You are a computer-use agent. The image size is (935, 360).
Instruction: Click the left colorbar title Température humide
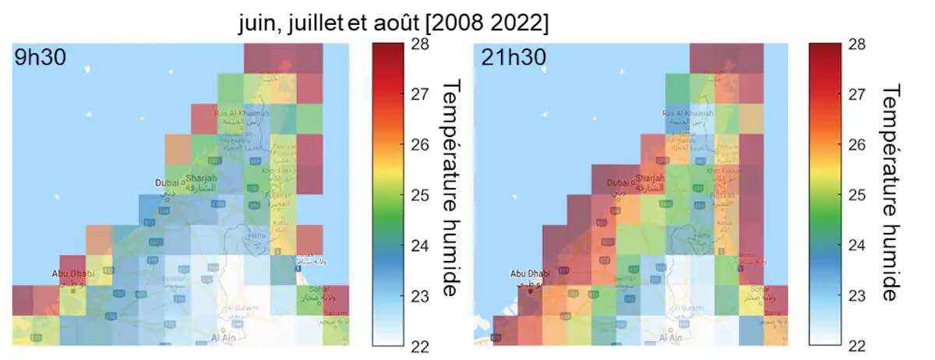point(450,187)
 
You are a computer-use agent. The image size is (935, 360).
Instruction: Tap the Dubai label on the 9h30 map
point(168,182)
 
